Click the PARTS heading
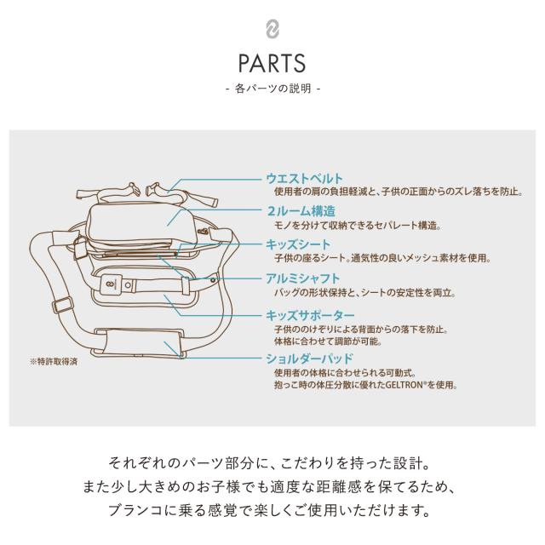click(x=272, y=63)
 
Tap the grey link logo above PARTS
click(x=272, y=29)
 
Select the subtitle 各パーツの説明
click(x=272, y=89)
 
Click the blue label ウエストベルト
click(x=304, y=179)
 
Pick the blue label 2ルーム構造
click(x=301, y=211)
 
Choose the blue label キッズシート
click(x=298, y=244)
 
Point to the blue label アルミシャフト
click(x=302, y=278)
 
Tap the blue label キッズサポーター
click(x=310, y=316)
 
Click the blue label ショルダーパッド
click(x=309, y=359)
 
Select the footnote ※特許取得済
click(x=54, y=362)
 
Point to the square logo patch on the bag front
click(x=112, y=284)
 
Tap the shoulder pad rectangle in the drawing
click(x=141, y=342)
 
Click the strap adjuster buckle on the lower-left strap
click(x=63, y=306)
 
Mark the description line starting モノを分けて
click(x=358, y=226)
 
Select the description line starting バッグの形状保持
click(x=364, y=293)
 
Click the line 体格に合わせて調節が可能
click(x=328, y=341)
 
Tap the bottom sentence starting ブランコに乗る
click(x=270, y=510)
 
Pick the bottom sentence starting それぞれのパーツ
click(x=270, y=463)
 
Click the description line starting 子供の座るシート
click(x=382, y=258)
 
